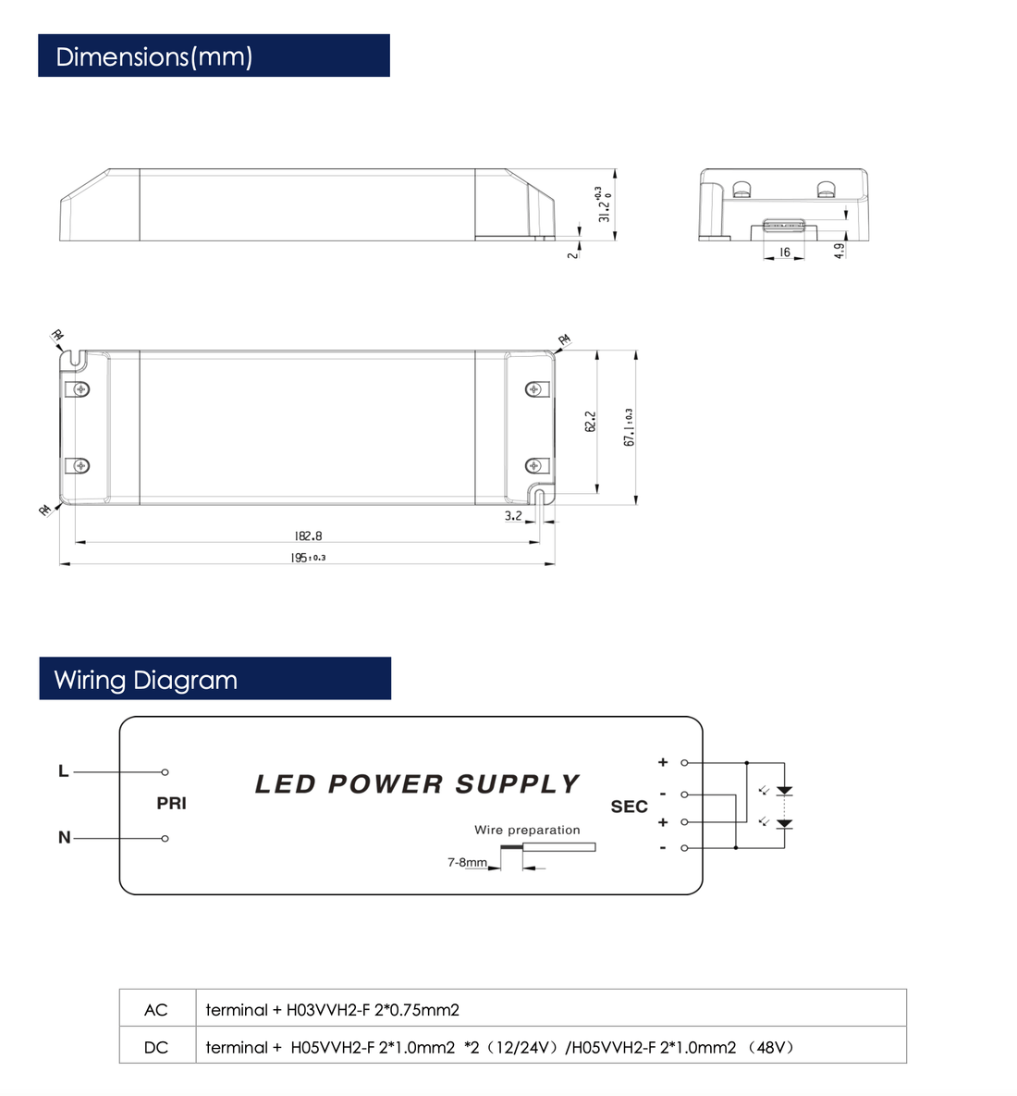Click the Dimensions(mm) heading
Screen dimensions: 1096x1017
pyautogui.click(x=154, y=56)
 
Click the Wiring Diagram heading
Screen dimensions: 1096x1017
pyautogui.click(x=146, y=680)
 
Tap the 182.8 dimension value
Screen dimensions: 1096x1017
pyautogui.click(x=308, y=536)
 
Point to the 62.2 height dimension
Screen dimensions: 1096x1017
pyautogui.click(x=591, y=421)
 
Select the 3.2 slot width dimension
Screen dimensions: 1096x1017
pyautogui.click(x=513, y=515)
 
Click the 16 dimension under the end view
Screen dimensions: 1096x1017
pyautogui.click(x=784, y=252)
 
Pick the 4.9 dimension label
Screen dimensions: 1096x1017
pyautogui.click(x=839, y=250)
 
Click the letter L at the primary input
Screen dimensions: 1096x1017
pyautogui.click(x=63, y=771)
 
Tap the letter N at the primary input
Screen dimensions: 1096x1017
pyautogui.click(x=64, y=838)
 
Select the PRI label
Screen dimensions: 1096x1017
pyautogui.click(x=171, y=804)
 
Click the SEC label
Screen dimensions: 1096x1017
pyautogui.click(x=629, y=807)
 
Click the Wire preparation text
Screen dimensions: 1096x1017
pyautogui.click(x=527, y=830)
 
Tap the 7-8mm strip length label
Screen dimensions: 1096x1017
pyautogui.click(x=467, y=862)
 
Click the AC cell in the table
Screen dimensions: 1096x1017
pyautogui.click(x=156, y=1009)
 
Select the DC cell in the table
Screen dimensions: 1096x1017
pyautogui.click(x=156, y=1047)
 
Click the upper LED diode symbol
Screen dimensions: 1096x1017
pyautogui.click(x=784, y=791)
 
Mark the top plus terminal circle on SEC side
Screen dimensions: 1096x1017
pyautogui.click(x=684, y=763)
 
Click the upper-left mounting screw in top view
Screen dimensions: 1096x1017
pyautogui.click(x=81, y=388)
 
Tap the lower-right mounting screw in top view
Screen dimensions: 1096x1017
pyautogui.click(x=533, y=465)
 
